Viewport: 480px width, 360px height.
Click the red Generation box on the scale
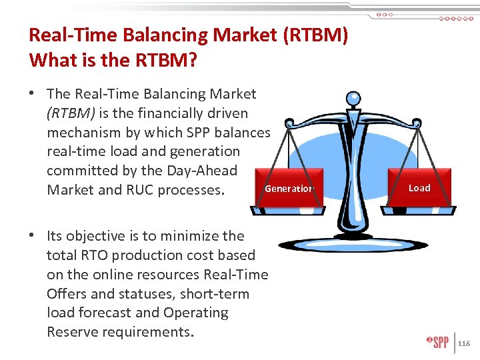coord(289,189)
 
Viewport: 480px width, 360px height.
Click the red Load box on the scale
coord(419,188)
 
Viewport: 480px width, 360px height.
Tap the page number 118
coord(464,343)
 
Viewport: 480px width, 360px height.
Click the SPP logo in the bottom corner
coord(438,343)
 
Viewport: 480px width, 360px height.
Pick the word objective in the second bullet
coord(96,236)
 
